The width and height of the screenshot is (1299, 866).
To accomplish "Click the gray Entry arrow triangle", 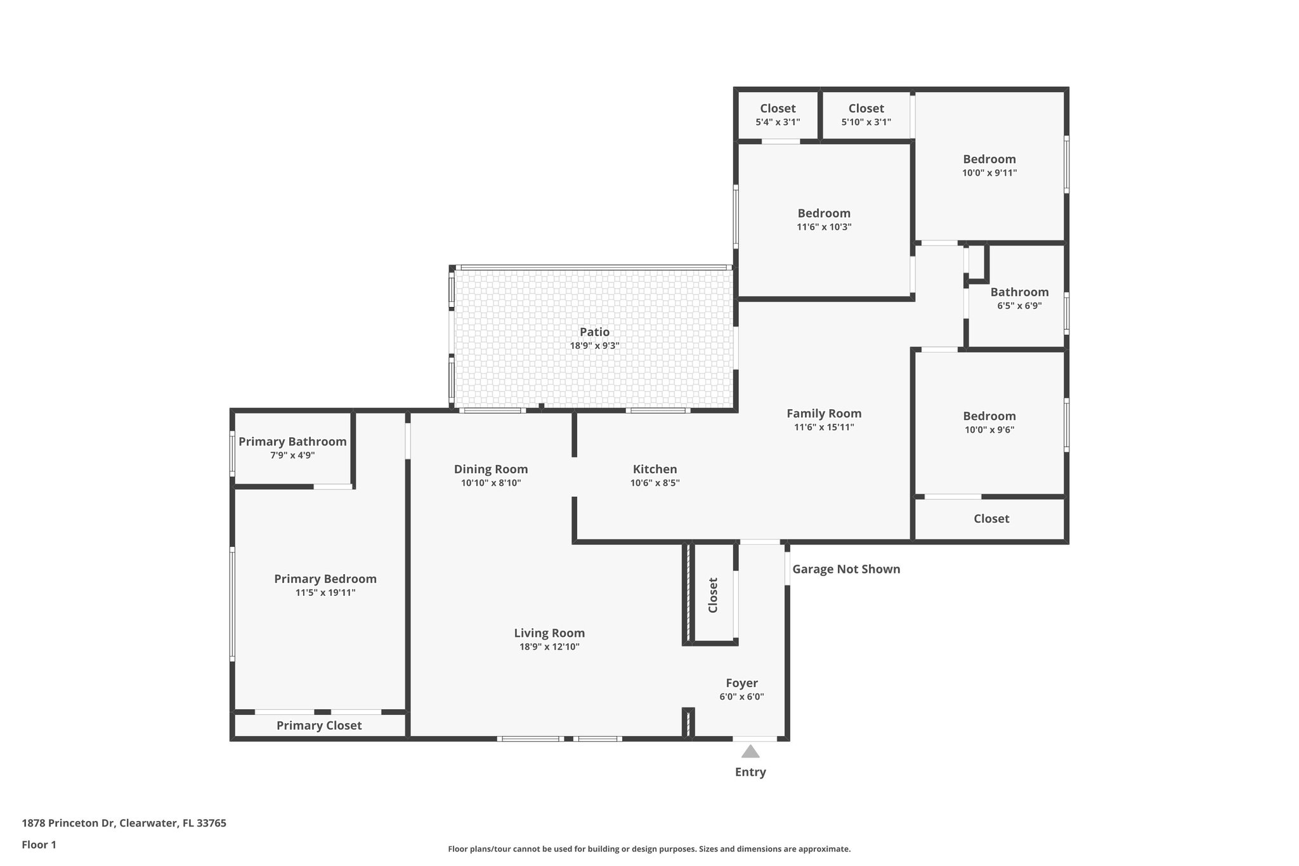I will pyautogui.click(x=750, y=752).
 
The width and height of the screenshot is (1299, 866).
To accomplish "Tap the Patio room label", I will pyautogui.click(x=594, y=332).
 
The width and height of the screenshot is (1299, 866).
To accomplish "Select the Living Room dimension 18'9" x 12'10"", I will pyautogui.click(x=549, y=647).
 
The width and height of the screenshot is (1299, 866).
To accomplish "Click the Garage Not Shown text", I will pyautogui.click(x=846, y=569).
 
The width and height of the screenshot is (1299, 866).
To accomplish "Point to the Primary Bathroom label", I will pyautogui.click(x=292, y=442).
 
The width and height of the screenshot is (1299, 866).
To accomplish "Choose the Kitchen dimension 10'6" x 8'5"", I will pyautogui.click(x=655, y=483).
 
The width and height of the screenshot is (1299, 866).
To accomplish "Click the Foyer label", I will pyautogui.click(x=741, y=683).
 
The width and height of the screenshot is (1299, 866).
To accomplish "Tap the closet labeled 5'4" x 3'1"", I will pyautogui.click(x=778, y=115).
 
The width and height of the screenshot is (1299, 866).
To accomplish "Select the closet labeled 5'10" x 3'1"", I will pyautogui.click(x=866, y=115).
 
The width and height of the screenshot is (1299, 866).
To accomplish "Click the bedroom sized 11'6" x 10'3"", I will pyautogui.click(x=824, y=220).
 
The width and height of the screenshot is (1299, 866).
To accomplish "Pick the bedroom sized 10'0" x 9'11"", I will pyautogui.click(x=989, y=166).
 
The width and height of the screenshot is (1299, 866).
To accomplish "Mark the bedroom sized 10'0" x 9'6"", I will pyautogui.click(x=989, y=423).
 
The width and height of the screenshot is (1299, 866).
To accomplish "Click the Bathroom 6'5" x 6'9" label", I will pyautogui.click(x=1019, y=298).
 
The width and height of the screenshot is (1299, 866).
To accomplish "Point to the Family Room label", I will pyautogui.click(x=824, y=414).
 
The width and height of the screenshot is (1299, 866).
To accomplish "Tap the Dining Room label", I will pyautogui.click(x=490, y=469).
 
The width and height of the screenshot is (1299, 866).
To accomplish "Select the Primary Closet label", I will pyautogui.click(x=319, y=725).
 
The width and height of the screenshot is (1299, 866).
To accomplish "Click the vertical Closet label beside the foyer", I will pyautogui.click(x=713, y=594).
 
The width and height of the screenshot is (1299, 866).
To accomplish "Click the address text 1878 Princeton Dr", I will pyautogui.click(x=68, y=823).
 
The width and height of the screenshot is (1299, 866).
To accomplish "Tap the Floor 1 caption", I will pyautogui.click(x=39, y=844).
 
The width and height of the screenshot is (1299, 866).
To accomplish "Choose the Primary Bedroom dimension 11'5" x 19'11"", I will pyautogui.click(x=325, y=593).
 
